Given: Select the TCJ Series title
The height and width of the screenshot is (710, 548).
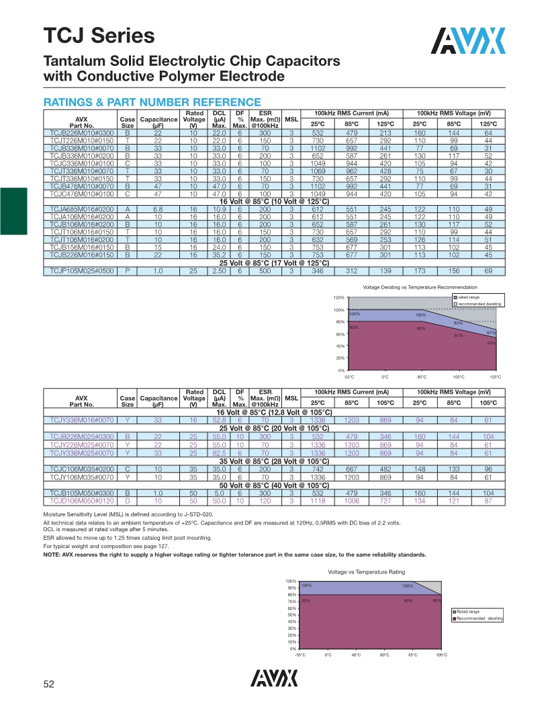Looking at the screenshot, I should tap(99, 36).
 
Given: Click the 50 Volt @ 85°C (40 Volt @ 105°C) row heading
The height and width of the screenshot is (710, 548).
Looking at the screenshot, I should tap(274, 485).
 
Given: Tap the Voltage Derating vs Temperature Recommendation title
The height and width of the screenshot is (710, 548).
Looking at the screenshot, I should tap(420, 287).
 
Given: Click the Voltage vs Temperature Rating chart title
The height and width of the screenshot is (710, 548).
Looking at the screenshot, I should tap(366, 571).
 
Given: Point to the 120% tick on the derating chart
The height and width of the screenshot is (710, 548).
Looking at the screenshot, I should tap(339, 298).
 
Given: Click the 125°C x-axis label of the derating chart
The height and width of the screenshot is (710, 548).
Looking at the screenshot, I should tap(495, 377).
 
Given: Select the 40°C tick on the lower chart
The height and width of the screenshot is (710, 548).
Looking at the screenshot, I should tap(357, 655).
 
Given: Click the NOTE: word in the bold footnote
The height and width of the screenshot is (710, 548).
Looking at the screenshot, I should tap(53, 555).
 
